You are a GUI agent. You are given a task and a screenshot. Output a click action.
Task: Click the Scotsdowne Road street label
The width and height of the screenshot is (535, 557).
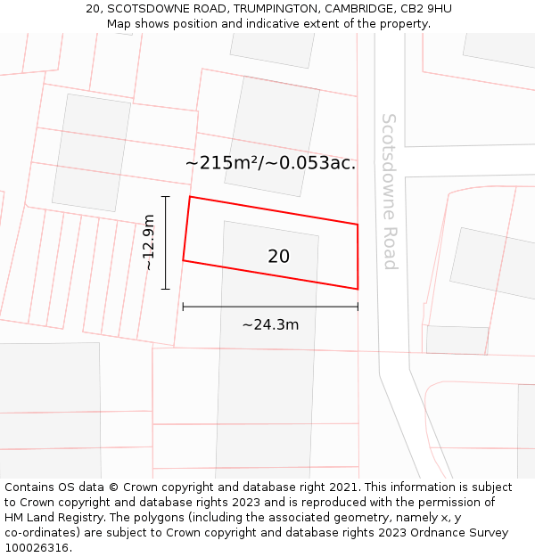tap(390, 191)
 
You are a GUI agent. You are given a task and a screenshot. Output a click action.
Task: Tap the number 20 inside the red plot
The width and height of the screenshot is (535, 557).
tap(278, 257)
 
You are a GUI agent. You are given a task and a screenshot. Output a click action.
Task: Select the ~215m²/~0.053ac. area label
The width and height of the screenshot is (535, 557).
tap(270, 163)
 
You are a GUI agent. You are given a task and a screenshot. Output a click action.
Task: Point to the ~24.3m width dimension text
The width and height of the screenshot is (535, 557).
tap(270, 325)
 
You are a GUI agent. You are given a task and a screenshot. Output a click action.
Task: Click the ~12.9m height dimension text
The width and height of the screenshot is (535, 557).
tap(149, 242)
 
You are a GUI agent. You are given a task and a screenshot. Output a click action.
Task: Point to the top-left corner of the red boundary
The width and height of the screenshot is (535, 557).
tap(190, 197)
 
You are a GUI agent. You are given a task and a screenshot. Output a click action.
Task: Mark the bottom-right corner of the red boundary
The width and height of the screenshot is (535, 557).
tap(358, 289)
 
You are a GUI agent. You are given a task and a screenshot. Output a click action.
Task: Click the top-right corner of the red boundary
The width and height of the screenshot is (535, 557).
tap(358, 225)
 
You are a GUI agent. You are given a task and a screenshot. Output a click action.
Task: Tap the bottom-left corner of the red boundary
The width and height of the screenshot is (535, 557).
tap(183, 260)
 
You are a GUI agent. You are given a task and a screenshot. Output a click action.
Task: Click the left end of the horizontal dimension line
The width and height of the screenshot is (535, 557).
tap(183, 307)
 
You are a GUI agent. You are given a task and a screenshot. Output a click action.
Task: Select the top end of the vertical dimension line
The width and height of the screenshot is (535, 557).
tap(166, 197)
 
